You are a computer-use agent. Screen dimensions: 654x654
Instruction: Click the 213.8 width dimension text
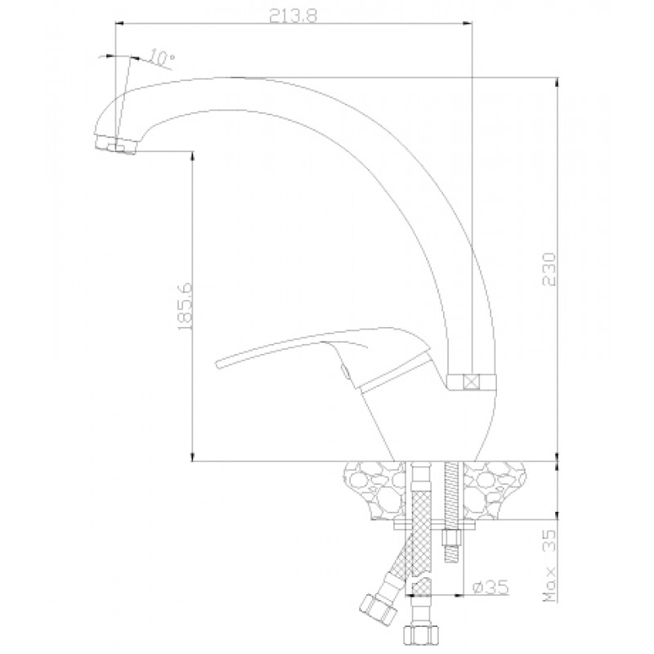click(293, 16)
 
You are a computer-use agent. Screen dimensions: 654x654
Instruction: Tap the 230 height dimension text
click(549, 269)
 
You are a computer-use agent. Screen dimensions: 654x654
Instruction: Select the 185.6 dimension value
click(184, 307)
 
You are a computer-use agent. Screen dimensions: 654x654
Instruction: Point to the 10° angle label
click(161, 58)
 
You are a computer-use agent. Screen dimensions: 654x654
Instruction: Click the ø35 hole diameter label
click(491, 587)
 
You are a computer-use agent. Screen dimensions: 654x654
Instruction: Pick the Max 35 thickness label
click(550, 565)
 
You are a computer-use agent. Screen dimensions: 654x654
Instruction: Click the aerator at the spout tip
click(115, 145)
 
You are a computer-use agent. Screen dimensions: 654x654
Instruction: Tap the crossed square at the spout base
click(472, 382)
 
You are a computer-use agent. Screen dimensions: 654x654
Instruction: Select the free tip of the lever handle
click(217, 363)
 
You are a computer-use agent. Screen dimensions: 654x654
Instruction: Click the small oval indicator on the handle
click(344, 371)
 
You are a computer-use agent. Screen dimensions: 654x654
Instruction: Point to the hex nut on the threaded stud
click(452, 537)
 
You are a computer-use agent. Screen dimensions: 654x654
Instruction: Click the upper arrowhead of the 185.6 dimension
click(192, 155)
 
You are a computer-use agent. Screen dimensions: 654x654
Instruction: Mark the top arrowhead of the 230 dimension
click(558, 83)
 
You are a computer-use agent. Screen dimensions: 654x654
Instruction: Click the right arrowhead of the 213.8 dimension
click(467, 24)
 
